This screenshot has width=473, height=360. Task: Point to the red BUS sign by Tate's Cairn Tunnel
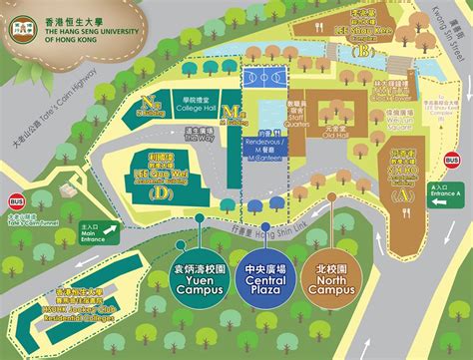coord(17,199)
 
